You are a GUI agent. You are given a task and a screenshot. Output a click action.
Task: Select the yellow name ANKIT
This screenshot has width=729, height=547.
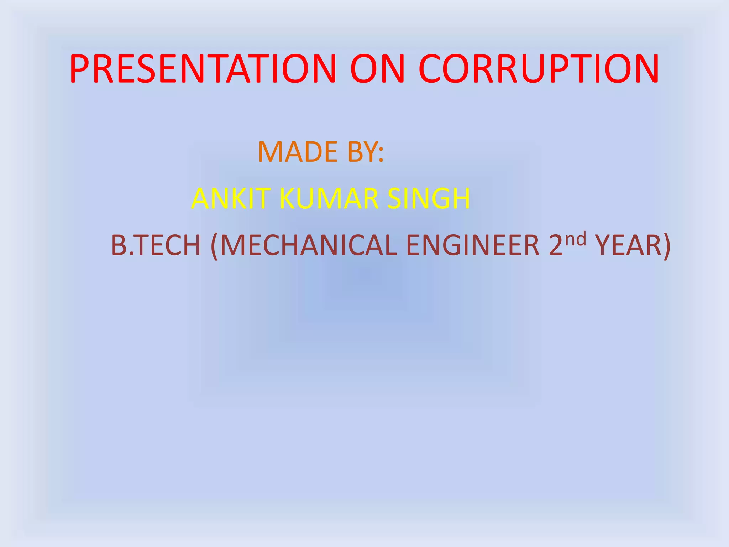click(230, 199)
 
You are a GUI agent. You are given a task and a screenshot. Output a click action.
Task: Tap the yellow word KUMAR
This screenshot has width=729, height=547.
click(329, 199)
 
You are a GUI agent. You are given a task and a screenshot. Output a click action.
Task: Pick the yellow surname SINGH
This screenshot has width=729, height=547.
click(429, 199)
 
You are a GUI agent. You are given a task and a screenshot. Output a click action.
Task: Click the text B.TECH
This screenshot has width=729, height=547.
click(156, 245)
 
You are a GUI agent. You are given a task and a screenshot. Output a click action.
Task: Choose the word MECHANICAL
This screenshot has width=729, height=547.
click(308, 245)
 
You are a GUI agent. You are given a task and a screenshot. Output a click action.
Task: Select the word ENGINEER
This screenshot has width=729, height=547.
click(473, 245)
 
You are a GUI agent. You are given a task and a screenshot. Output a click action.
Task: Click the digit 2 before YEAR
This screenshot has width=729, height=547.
click(556, 245)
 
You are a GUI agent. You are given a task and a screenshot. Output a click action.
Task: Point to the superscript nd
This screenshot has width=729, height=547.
click(575, 239)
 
